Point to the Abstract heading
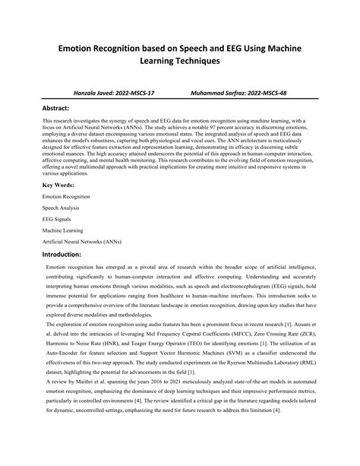tap(62, 109)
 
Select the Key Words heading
tap(59, 185)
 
